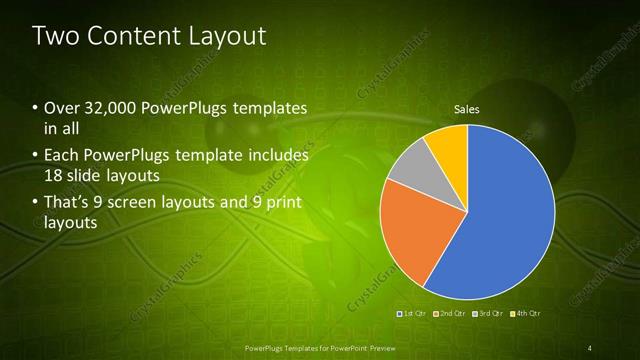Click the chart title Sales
467,108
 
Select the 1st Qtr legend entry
414,313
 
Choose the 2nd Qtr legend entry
452,313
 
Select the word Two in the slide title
55,36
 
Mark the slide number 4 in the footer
590,348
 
